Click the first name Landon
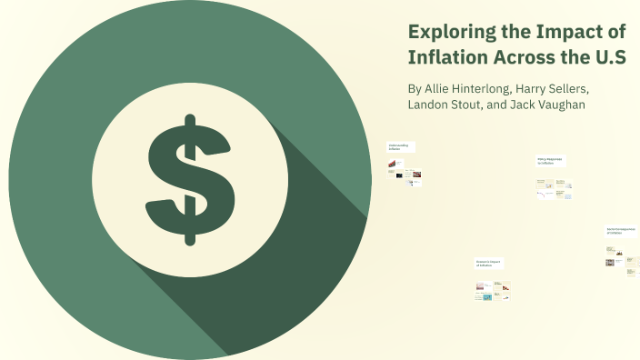pos(433,105)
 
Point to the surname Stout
pos(485,105)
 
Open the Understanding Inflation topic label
pos(399,146)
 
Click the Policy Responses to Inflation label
pos(550,160)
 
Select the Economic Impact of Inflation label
pos(489,263)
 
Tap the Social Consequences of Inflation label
pos(622,231)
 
